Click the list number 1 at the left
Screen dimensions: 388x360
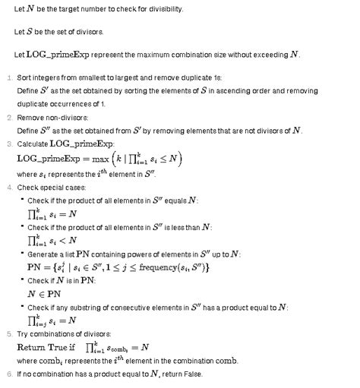[x=8, y=77]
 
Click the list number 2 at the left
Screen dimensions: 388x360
[x=8, y=118]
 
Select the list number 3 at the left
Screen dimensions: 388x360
[x=8, y=143]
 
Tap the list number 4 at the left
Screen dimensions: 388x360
[x=8, y=187]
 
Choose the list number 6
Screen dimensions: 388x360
[x=8, y=374]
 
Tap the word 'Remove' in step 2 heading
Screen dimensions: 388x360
[x=30, y=118]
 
